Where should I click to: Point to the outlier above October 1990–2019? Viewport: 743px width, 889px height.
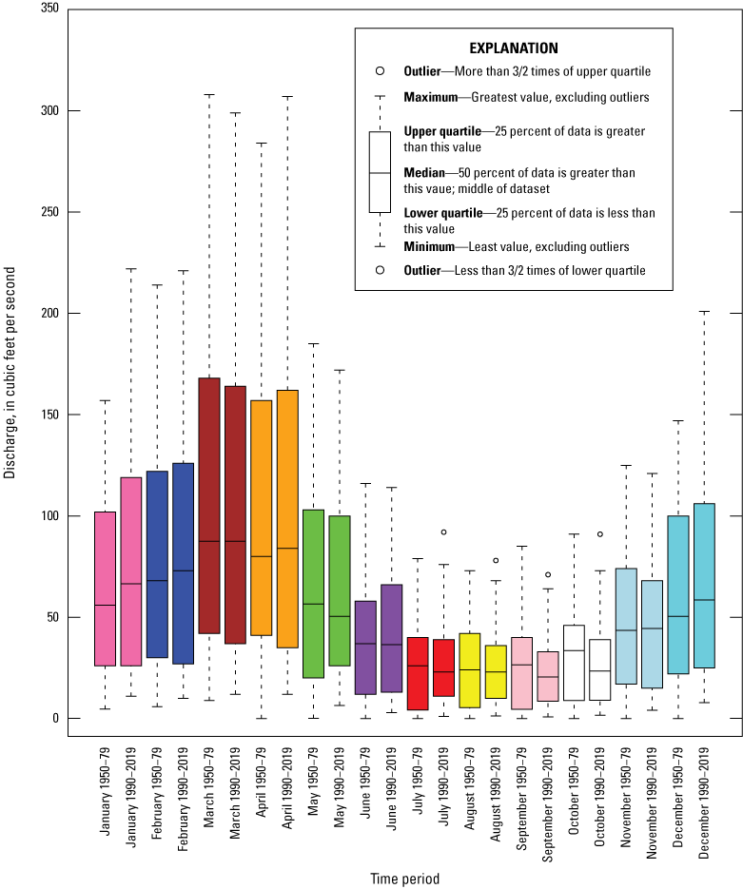click(x=600, y=534)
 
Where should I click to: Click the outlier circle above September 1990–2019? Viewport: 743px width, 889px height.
click(x=548, y=574)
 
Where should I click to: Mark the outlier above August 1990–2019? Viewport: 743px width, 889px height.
click(x=496, y=560)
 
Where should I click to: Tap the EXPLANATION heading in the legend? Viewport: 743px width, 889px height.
click(x=514, y=48)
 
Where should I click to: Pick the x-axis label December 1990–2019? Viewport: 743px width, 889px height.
click(x=705, y=803)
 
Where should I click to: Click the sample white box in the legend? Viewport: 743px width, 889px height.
click(x=380, y=171)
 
